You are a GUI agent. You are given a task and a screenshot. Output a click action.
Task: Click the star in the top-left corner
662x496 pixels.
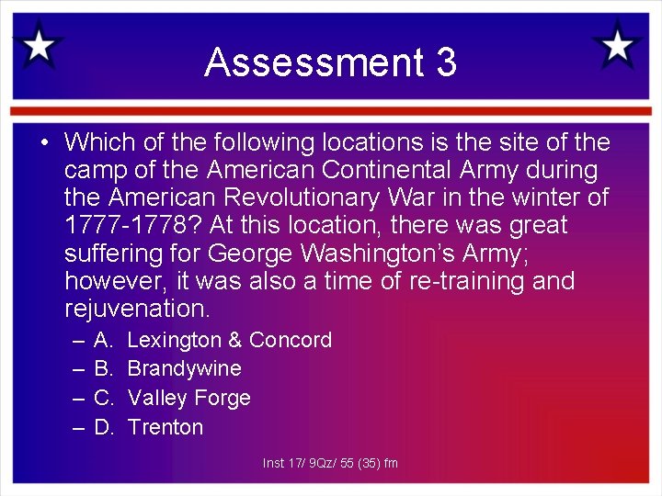click(39, 45)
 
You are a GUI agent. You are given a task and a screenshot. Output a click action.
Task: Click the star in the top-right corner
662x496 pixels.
click(617, 43)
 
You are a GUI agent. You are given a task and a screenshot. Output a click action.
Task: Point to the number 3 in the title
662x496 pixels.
click(446, 62)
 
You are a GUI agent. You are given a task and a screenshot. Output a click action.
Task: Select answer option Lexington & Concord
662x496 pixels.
click(229, 340)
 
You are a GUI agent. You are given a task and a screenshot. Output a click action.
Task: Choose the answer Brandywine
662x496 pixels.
click(184, 368)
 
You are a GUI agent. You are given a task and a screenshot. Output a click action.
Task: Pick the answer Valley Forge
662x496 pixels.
click(188, 398)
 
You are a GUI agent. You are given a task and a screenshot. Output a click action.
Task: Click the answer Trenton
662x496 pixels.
click(165, 427)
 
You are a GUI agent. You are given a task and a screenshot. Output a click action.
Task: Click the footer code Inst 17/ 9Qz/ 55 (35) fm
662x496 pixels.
click(330, 463)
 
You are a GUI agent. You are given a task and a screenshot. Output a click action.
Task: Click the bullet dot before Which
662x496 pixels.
click(43, 143)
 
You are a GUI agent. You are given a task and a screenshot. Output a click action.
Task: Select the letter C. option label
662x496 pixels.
click(104, 398)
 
